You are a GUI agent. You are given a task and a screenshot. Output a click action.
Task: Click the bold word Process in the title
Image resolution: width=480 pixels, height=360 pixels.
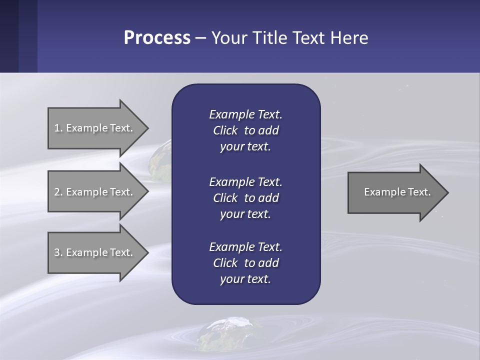(157, 38)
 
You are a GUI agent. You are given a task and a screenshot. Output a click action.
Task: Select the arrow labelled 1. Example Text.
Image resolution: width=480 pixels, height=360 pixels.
(95, 128)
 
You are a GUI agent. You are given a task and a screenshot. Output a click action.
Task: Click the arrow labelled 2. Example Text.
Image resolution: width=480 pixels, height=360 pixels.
(95, 192)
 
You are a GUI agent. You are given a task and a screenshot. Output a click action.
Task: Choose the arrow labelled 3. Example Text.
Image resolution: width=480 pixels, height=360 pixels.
(95, 252)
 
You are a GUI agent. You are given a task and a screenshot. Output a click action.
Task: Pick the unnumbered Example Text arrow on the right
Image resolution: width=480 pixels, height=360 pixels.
(395, 192)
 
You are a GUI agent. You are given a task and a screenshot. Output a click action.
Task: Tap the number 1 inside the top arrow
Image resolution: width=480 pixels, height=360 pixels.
(56, 128)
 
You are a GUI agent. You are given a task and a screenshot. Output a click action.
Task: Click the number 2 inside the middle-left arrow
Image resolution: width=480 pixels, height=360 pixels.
(56, 192)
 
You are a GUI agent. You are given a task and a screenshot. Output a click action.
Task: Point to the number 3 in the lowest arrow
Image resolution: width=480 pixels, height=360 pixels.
(56, 252)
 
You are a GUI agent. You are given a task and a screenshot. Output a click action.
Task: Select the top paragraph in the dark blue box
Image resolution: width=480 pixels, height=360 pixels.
(245, 130)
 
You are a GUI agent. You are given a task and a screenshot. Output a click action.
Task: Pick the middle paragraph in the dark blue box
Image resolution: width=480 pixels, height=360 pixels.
(245, 197)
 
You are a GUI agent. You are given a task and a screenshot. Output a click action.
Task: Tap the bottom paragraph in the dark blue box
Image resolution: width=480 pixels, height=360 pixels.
(245, 262)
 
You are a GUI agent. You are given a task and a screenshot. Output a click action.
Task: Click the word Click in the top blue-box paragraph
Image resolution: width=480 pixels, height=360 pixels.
(225, 130)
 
